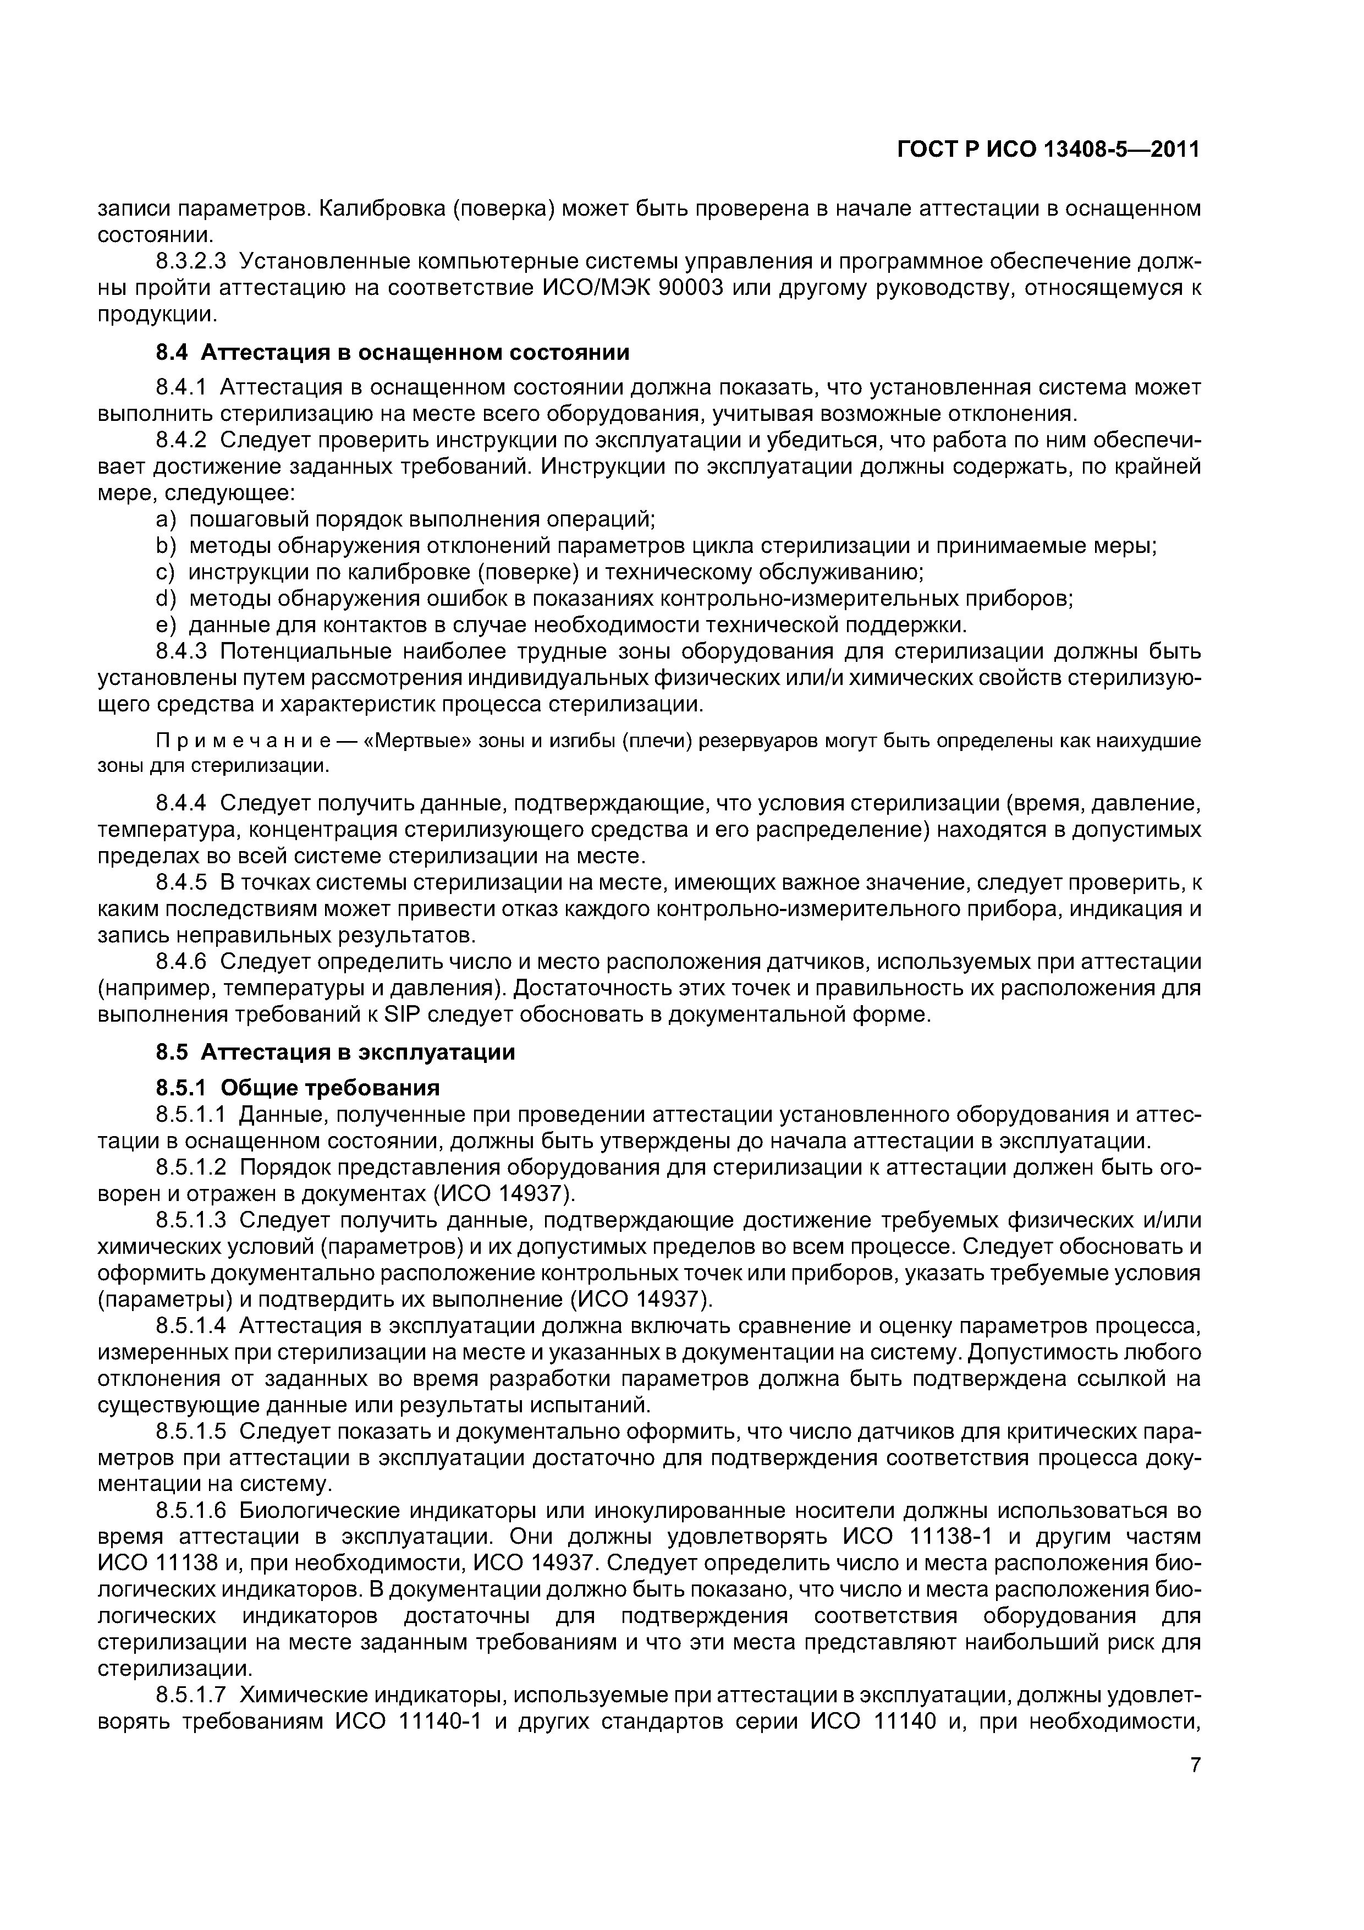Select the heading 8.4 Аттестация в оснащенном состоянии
[393, 352]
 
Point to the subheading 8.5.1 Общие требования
[298, 1088]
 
